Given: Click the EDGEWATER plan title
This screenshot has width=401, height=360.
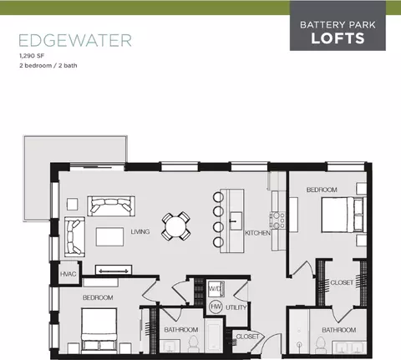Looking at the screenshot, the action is tap(75, 40).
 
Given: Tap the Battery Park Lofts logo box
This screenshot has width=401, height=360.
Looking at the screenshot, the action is tap(338, 26).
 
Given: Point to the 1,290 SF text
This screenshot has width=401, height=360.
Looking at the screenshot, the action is tap(32, 56).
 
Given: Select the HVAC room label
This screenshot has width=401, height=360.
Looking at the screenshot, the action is tap(68, 274).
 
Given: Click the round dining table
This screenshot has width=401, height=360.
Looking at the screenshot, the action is tap(176, 226).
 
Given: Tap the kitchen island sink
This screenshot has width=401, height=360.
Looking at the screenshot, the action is tap(236, 221).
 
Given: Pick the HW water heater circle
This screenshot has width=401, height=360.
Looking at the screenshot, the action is tap(216, 307).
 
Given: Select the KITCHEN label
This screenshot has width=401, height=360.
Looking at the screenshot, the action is tap(257, 233).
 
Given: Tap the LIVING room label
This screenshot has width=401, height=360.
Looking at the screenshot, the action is tap(140, 231).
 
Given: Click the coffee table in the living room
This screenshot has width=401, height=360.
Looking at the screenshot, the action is tap(109, 236).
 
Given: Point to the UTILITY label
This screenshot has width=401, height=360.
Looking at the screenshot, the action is tap(236, 307).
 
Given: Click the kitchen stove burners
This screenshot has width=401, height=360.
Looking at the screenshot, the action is tap(277, 221).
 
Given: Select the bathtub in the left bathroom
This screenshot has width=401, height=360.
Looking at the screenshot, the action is tap(214, 336).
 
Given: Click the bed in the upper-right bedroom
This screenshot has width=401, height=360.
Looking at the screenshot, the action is tap(343, 215).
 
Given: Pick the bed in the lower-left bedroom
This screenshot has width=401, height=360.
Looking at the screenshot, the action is tap(99, 330).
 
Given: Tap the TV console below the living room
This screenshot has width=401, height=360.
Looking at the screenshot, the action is tap(114, 270).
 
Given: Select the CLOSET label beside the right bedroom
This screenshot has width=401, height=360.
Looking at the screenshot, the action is tap(342, 282).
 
